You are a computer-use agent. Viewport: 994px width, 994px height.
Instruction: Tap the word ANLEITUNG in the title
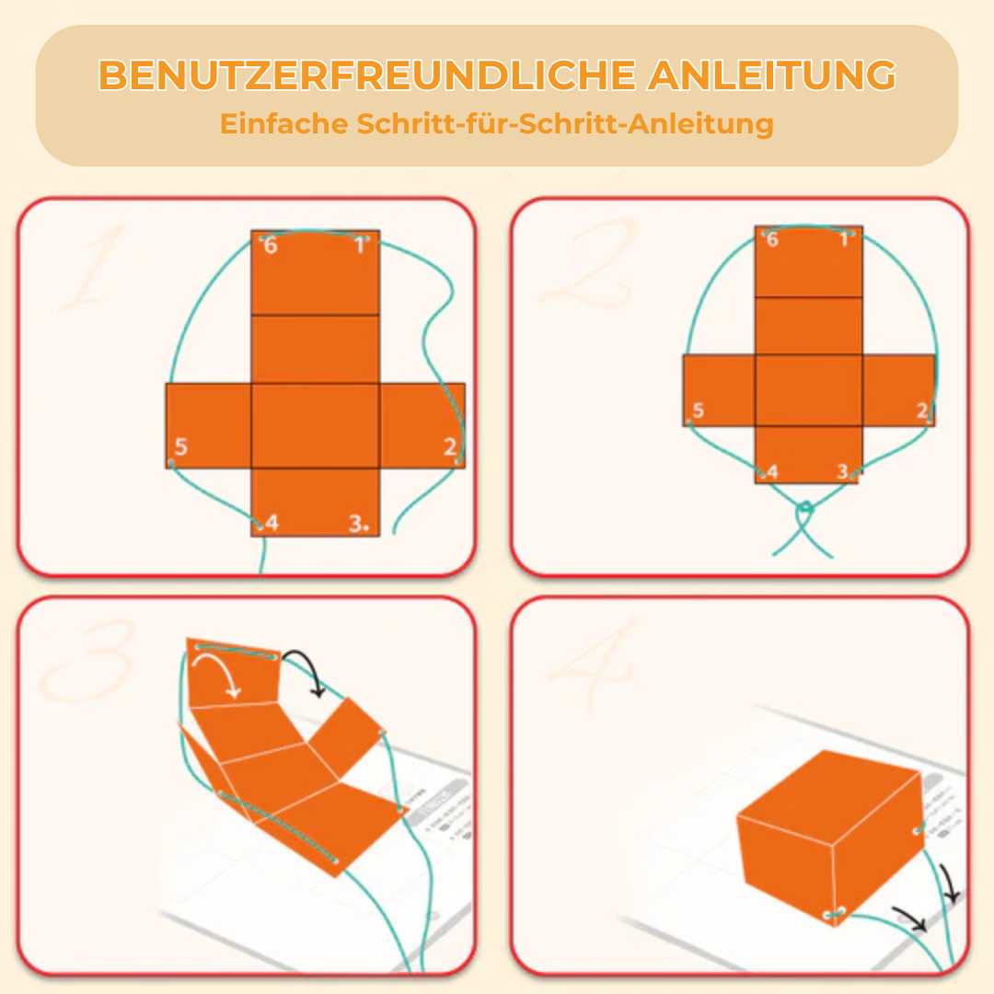pyautogui.click(x=771, y=76)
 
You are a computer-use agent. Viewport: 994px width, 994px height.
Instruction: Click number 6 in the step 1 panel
pyautogui.click(x=271, y=246)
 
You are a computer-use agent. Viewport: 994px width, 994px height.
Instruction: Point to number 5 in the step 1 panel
pyautogui.click(x=180, y=447)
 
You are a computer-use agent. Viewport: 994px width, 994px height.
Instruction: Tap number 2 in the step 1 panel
pyautogui.click(x=449, y=447)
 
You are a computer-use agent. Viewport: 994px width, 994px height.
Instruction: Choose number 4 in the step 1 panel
pyautogui.click(x=272, y=524)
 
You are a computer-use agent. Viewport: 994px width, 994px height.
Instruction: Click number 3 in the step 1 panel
pyautogui.click(x=357, y=524)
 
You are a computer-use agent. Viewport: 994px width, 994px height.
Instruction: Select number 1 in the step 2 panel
pyautogui.click(x=844, y=240)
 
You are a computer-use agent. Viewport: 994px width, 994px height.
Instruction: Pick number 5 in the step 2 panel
pyautogui.click(x=699, y=410)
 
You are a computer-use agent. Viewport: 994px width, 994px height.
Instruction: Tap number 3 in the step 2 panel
pyautogui.click(x=842, y=471)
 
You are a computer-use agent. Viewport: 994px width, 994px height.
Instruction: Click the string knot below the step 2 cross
pyautogui.click(x=805, y=508)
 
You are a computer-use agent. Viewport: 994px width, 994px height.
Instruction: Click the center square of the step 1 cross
pyautogui.click(x=315, y=425)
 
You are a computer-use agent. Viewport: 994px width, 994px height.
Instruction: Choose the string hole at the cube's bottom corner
pyautogui.click(x=834, y=913)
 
